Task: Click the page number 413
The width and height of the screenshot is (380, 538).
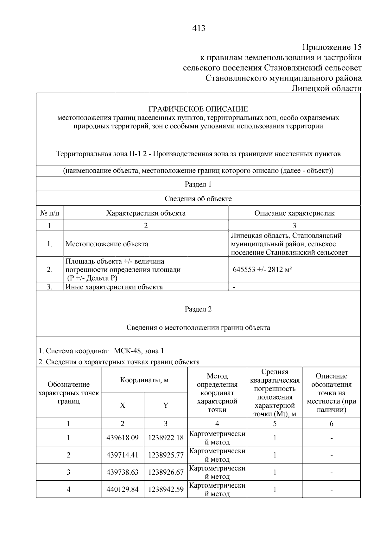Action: point(199,29)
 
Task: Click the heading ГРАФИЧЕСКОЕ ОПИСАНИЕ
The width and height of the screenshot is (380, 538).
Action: point(198,109)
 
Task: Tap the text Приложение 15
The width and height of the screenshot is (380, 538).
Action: point(332,48)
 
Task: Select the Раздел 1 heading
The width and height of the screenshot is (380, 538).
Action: point(198,184)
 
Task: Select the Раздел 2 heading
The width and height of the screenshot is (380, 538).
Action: point(198,309)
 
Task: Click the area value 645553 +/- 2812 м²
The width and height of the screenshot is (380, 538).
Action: point(262,270)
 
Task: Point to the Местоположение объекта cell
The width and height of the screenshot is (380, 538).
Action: point(107,244)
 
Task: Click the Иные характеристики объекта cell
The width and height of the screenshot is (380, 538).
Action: point(114,287)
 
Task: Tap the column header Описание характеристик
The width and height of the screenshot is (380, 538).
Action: point(294,213)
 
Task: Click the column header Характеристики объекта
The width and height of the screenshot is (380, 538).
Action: point(146,213)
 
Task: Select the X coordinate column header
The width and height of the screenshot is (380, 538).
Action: point(123,405)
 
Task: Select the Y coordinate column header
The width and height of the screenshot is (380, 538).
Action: point(166,405)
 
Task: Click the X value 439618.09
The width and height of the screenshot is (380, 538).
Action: point(123,438)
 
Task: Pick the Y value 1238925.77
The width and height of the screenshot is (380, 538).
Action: point(166,455)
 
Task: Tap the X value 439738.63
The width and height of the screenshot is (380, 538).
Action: point(123,472)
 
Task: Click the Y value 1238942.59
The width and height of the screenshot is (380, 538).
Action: point(166,489)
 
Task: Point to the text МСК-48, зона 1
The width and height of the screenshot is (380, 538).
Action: point(139,351)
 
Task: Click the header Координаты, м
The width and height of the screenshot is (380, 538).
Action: point(144,380)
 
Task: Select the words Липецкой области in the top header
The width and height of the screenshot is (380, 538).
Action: point(326,88)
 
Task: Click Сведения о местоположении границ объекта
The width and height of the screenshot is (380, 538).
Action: point(198,327)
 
